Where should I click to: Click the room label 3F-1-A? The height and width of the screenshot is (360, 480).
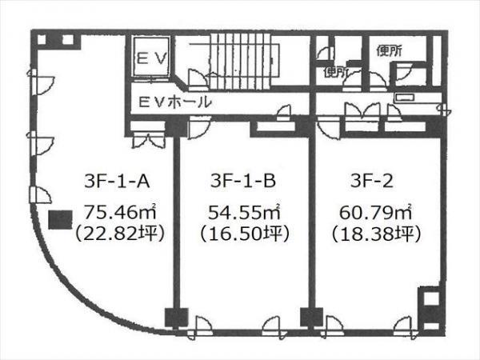(117, 182)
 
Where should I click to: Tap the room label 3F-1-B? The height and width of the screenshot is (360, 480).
(243, 181)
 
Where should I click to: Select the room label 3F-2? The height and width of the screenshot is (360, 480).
(372, 181)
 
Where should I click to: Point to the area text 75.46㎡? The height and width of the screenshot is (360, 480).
(120, 212)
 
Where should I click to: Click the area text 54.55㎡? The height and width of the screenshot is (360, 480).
(244, 212)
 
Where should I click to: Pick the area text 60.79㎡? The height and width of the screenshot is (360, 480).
(375, 212)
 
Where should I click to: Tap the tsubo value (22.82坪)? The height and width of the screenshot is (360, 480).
(120, 234)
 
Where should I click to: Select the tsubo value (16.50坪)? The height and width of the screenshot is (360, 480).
(245, 234)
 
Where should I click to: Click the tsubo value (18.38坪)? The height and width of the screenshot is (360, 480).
(376, 234)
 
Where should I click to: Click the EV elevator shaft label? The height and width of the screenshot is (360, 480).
(151, 58)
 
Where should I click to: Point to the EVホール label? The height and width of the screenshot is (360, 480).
(174, 102)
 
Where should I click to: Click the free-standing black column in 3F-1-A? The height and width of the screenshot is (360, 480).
(60, 220)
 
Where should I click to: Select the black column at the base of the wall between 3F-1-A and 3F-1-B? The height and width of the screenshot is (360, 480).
(176, 317)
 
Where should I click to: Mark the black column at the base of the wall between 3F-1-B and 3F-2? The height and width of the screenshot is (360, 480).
(312, 317)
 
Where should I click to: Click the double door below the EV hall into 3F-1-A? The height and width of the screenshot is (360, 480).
(148, 141)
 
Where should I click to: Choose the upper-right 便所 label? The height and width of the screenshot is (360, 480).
(390, 51)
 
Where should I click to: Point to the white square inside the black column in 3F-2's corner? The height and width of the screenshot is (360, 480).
(430, 298)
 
